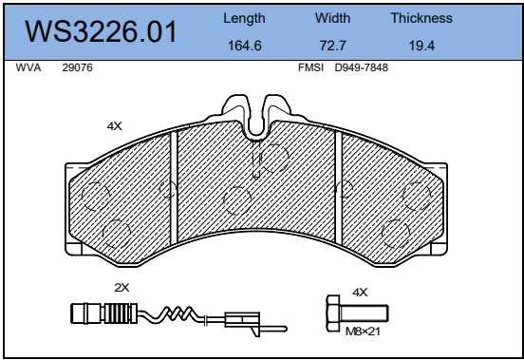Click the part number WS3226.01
101,31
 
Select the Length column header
244,18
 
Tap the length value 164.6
245,46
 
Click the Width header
333,18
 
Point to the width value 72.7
333,46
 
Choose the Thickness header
421,18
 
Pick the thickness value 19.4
421,46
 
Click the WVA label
28,67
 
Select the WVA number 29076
77,67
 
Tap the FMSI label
310,67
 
